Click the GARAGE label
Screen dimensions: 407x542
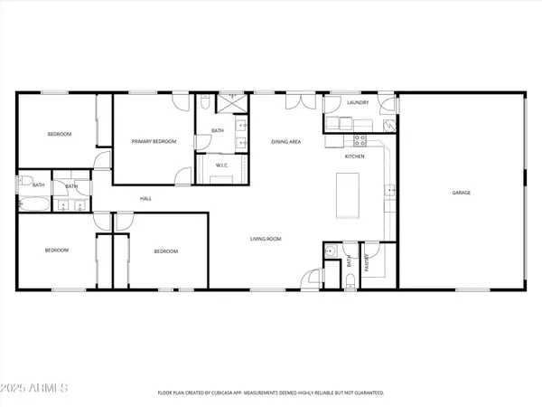(x=461, y=193)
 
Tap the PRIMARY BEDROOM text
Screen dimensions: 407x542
(x=154, y=141)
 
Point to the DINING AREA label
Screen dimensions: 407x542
(x=286, y=142)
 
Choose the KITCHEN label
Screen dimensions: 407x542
(x=355, y=157)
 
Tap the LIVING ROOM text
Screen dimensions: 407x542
(x=266, y=239)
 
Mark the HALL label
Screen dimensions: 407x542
(x=145, y=199)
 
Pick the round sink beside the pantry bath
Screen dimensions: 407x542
(x=332, y=251)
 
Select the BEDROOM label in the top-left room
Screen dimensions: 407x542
(x=59, y=134)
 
